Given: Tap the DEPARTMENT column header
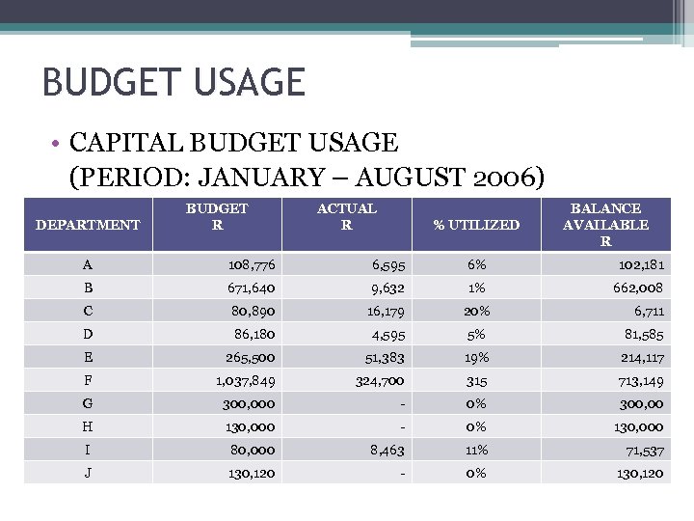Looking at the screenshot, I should point(88,225).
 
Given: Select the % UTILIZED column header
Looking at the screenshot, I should point(475,225).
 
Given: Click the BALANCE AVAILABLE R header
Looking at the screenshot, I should point(605,225).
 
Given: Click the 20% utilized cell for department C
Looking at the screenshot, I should point(475,311).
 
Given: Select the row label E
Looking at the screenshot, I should point(88,357).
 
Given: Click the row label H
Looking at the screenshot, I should point(88,426).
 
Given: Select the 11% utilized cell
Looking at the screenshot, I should point(475,450).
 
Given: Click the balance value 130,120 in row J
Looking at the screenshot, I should point(637,473).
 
